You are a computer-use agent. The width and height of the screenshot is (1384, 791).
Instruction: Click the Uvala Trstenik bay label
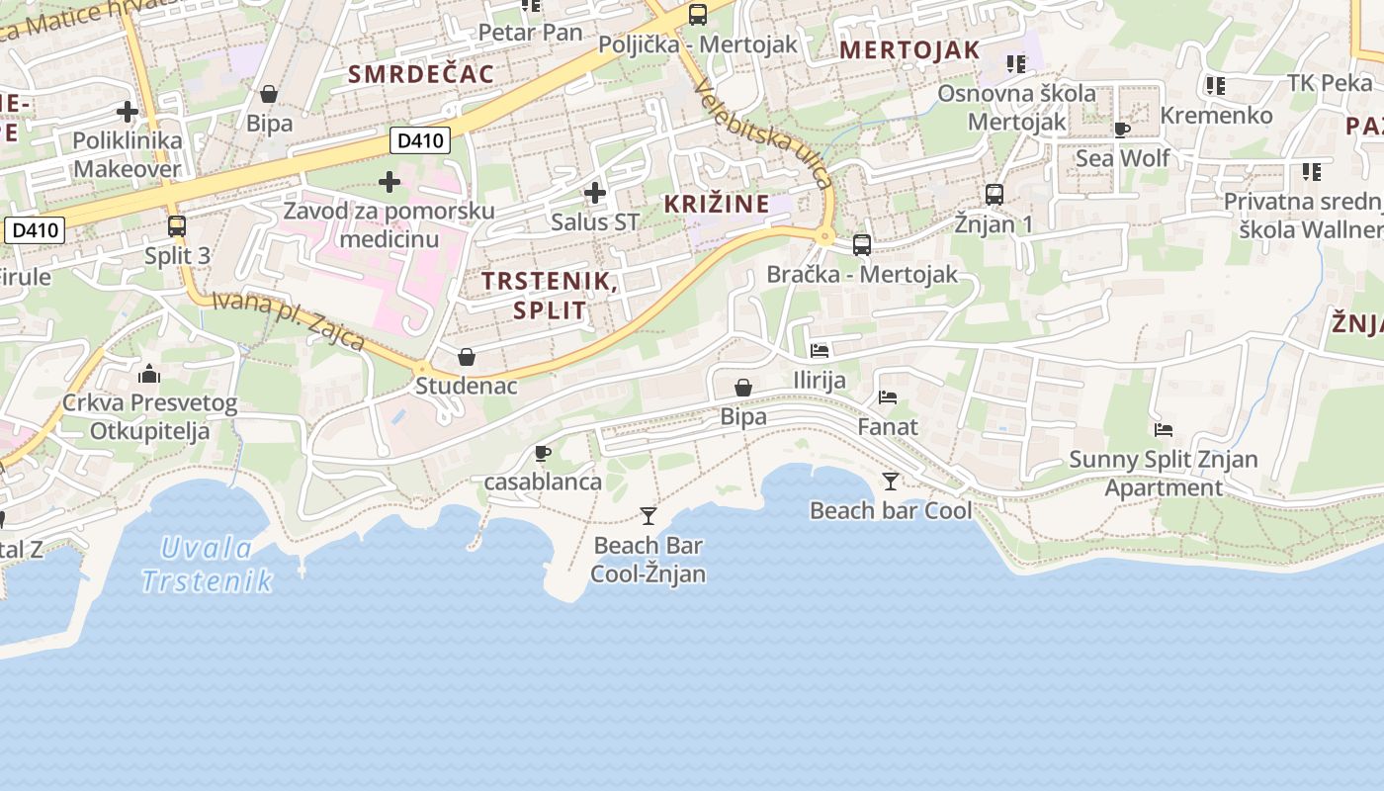pos(206,565)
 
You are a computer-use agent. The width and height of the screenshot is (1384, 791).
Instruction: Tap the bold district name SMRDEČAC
pos(421,74)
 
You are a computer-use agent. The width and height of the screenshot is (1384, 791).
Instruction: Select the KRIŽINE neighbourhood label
pos(717,205)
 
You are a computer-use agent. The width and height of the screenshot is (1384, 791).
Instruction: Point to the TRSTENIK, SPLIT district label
pos(550,295)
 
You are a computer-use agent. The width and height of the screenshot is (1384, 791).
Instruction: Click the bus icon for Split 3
pos(177,226)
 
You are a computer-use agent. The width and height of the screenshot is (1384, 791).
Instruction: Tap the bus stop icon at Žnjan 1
pos(995,195)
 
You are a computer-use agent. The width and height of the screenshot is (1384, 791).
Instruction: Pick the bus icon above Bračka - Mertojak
pos(862,244)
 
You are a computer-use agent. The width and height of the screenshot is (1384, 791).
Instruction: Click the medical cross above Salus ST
pos(595,192)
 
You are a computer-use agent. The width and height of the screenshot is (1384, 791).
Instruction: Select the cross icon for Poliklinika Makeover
pos(128,111)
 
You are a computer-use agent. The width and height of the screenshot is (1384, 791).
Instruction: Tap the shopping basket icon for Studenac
pos(467,357)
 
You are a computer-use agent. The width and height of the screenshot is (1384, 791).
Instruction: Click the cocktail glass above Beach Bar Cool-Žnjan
pos(649,515)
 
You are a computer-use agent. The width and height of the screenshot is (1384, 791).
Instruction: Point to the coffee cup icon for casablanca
pos(542,453)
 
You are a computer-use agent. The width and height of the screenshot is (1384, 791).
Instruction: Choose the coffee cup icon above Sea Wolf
pos(1122,130)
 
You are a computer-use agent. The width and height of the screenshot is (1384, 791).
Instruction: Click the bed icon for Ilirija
pos(820,350)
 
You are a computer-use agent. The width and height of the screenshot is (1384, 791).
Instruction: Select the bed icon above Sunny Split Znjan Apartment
pos(1164,430)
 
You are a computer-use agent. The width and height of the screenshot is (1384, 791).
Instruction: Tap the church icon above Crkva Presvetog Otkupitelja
pos(150,374)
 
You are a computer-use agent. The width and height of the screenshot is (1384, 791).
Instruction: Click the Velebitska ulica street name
pos(763,133)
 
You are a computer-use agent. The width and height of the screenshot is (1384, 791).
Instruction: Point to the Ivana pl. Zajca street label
pos(289,320)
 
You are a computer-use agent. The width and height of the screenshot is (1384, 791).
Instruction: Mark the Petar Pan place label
pos(530,33)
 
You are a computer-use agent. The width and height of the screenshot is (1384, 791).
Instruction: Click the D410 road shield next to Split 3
pos(36,231)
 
